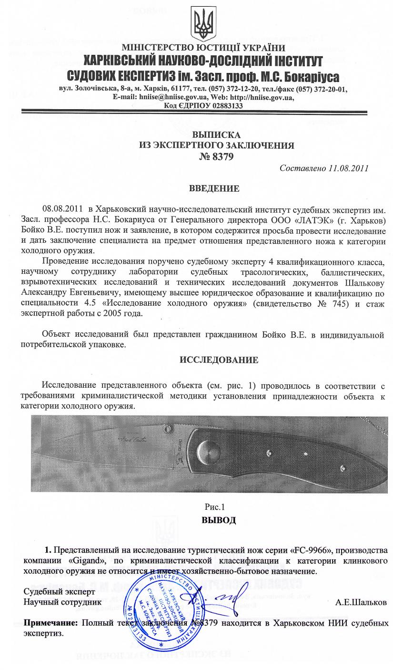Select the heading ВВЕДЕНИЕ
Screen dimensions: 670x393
pos(214,188)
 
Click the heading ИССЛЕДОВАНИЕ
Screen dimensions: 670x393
pos(219,360)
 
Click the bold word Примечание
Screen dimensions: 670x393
pos(51,623)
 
